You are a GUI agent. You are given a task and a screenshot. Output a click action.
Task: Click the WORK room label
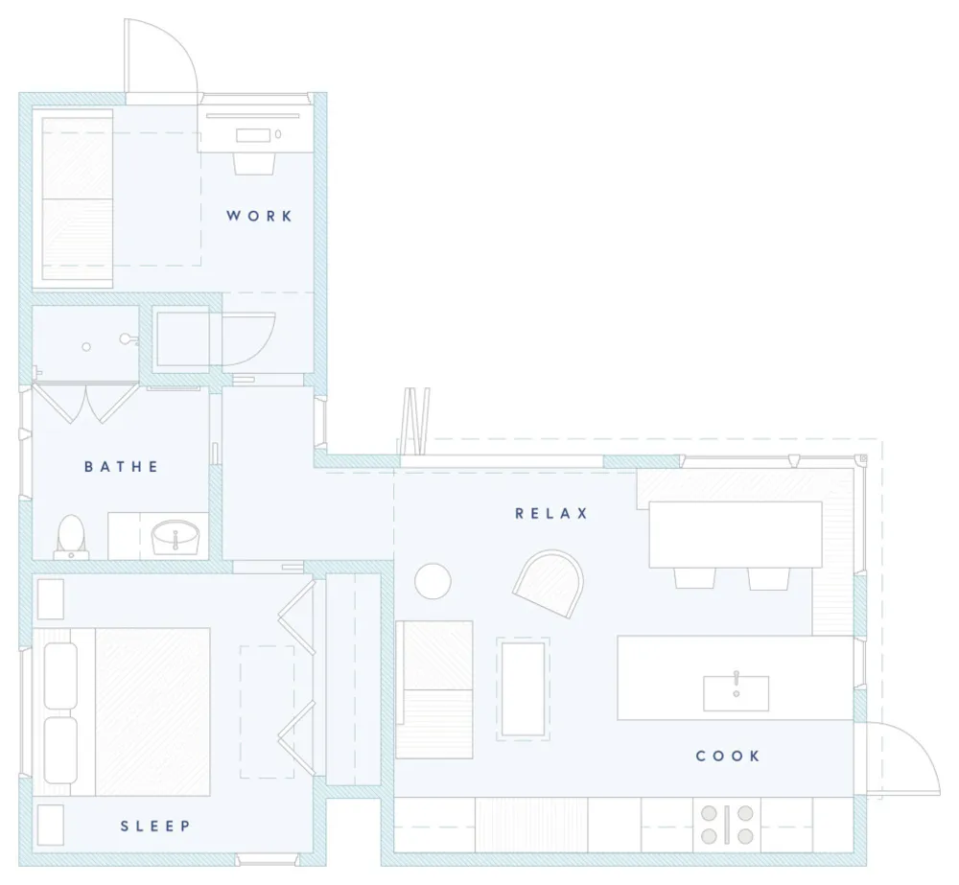coord(259,216)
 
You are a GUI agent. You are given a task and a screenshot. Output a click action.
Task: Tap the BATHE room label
coord(121,467)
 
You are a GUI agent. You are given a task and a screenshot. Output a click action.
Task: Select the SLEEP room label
coord(155,827)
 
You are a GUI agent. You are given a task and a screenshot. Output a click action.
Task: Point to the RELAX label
coord(551,513)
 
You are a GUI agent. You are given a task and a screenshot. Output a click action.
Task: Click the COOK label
coord(728,756)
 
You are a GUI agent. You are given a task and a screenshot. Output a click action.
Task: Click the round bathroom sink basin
coord(175,538)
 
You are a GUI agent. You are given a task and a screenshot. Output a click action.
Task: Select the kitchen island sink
coord(736,693)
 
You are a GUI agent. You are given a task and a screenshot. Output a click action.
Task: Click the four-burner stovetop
coord(727,825)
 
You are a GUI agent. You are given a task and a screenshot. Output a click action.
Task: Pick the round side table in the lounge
coord(433,581)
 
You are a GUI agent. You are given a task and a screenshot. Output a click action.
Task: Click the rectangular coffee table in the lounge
coord(523,688)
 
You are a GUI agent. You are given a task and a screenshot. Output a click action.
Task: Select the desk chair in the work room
coord(254,163)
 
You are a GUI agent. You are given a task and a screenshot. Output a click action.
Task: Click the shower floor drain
coord(86,347)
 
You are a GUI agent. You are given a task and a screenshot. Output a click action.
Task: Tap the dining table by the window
coord(736,534)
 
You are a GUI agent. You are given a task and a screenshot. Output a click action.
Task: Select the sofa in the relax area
coord(434,689)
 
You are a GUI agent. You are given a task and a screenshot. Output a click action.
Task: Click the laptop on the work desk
coord(252,135)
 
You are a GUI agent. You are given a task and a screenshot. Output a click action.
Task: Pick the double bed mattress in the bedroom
coord(152,711)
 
